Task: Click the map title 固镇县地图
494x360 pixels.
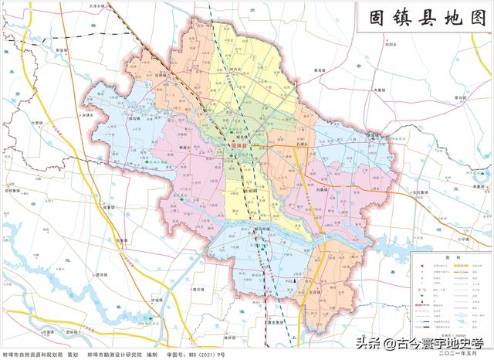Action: [424, 19]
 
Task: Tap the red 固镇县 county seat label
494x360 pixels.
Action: [242, 145]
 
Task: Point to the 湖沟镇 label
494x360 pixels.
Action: [136, 119]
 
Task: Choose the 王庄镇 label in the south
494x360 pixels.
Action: [314, 293]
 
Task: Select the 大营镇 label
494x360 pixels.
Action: [37, 121]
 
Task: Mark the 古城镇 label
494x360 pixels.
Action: [158, 299]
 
